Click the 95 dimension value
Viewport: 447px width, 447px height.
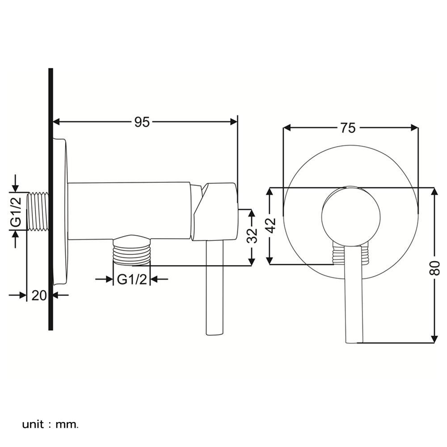point(142,122)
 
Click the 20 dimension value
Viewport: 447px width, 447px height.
point(39,295)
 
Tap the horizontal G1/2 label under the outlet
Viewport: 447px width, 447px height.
point(132,280)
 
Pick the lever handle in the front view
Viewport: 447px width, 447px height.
point(354,295)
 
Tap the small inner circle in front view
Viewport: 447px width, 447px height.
point(351,216)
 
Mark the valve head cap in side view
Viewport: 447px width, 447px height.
point(214,211)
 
